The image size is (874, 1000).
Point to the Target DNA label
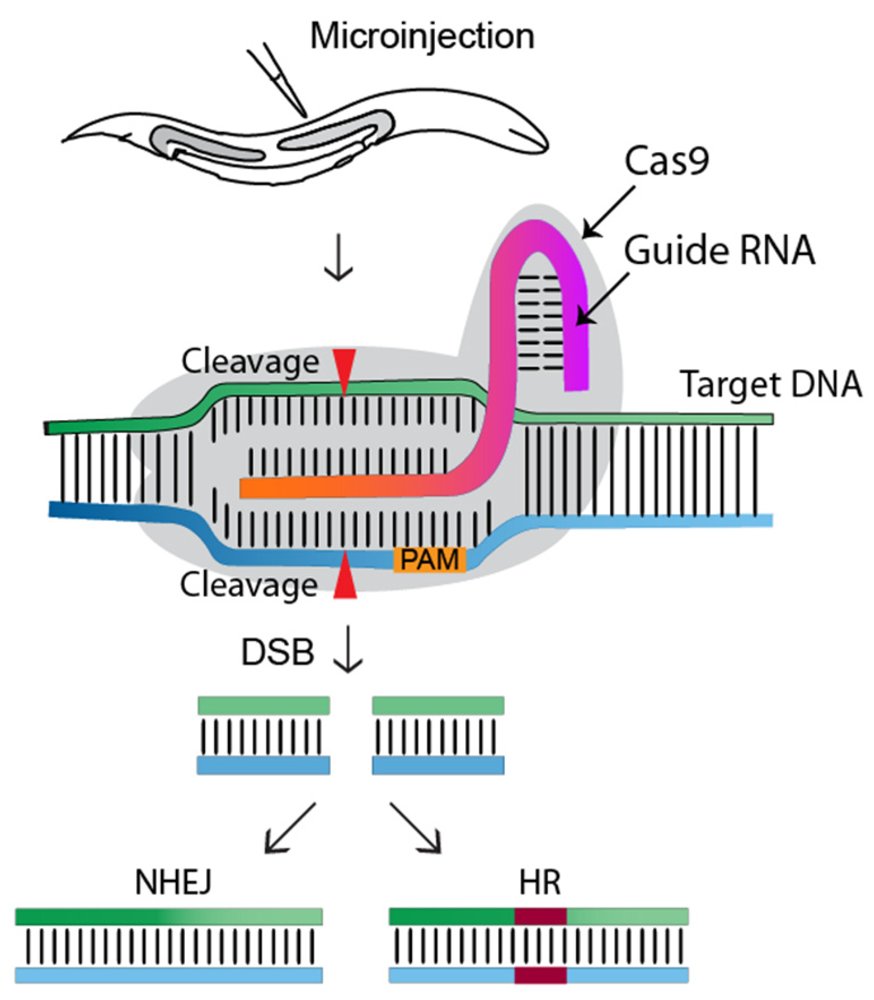(x=771, y=385)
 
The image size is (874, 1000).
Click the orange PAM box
(x=430, y=559)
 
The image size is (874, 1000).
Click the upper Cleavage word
(x=250, y=362)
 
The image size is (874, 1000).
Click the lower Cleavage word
(x=249, y=585)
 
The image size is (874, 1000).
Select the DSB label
(x=277, y=652)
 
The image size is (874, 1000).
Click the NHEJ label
(x=173, y=882)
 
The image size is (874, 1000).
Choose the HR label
(x=540, y=882)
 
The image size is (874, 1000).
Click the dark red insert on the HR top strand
(x=540, y=916)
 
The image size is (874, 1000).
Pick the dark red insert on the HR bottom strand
(x=540, y=975)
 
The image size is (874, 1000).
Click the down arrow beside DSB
(x=347, y=649)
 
